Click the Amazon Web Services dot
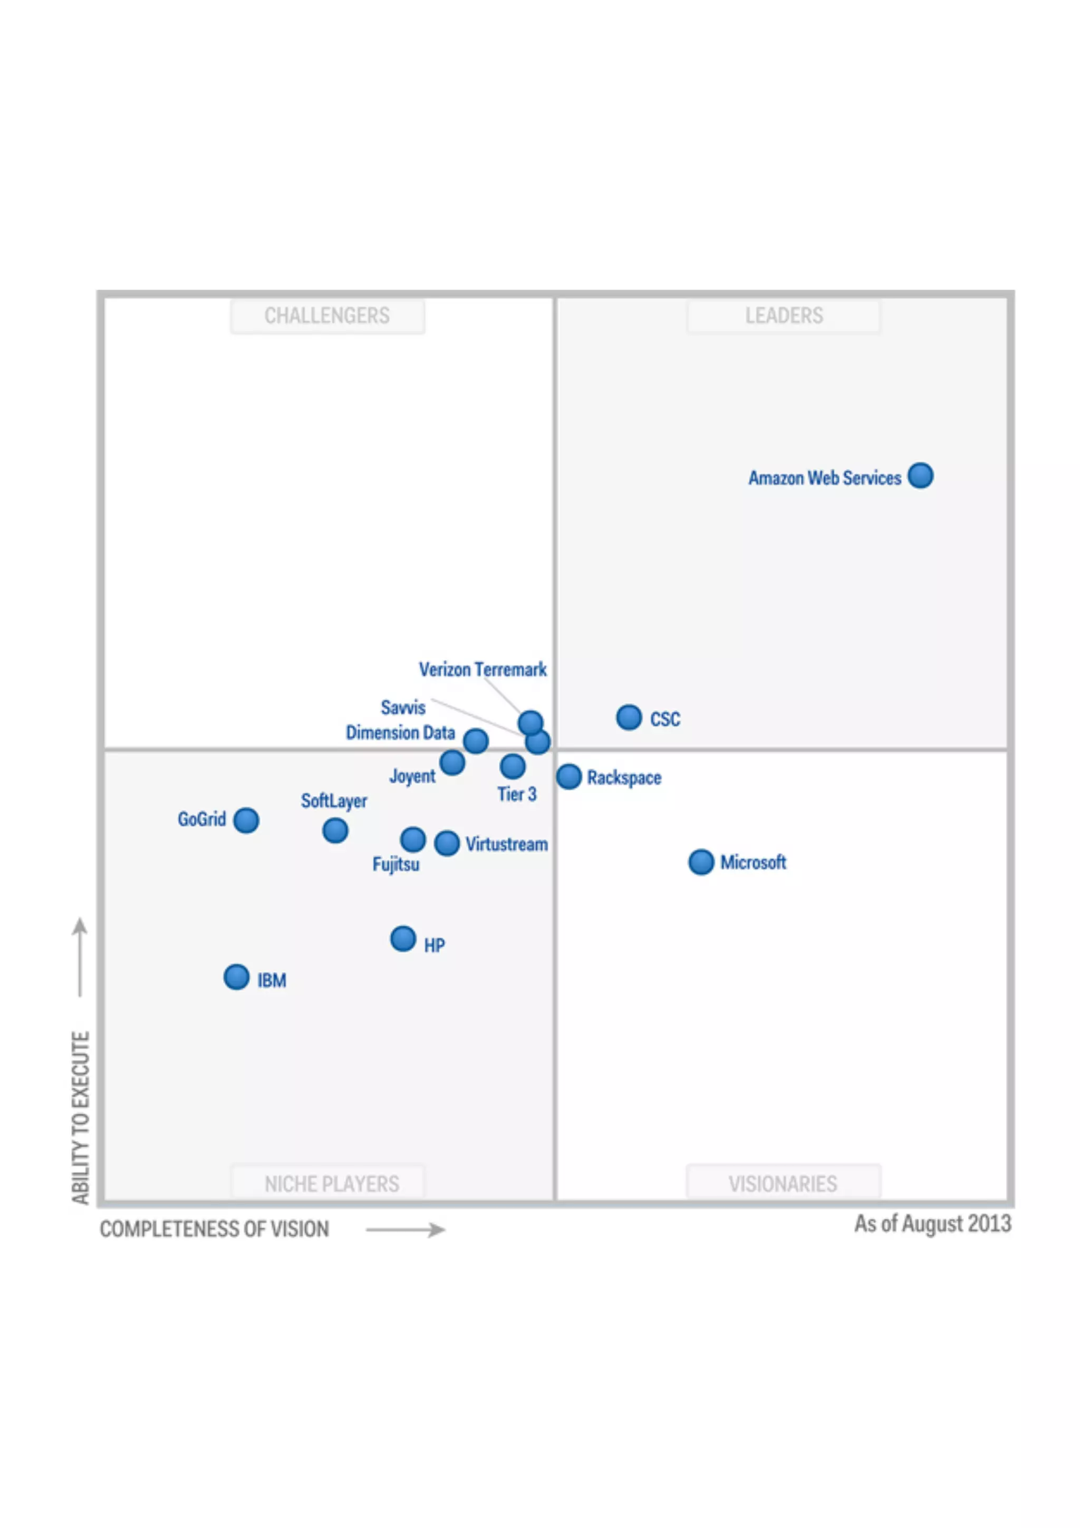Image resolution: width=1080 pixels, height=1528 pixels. (920, 475)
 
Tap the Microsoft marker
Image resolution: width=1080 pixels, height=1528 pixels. (701, 862)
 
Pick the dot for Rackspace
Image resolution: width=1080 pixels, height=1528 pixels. (569, 776)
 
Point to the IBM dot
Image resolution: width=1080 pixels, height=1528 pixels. (236, 977)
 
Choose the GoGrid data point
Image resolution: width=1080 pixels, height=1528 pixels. (246, 820)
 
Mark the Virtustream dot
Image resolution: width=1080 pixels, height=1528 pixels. (447, 843)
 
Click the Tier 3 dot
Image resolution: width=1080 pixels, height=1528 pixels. (513, 766)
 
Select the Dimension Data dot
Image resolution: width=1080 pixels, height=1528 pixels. (476, 740)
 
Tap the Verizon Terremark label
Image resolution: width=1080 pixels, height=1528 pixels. (483, 669)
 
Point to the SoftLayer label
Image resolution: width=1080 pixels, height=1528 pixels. (333, 800)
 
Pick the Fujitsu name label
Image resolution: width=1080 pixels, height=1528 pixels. (396, 865)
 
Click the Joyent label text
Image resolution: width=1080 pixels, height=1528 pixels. (412, 776)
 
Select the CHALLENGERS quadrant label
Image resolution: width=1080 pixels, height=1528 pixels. (327, 315)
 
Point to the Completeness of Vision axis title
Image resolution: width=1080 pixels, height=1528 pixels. (214, 1228)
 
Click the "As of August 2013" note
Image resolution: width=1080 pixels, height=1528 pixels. (932, 1223)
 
